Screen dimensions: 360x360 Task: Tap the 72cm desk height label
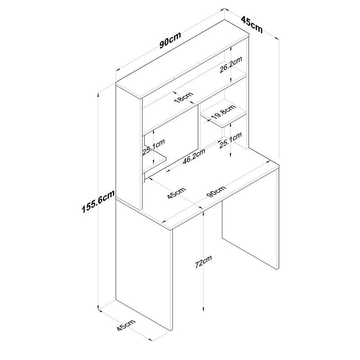coord(203,261)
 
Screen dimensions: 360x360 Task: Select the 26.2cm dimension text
coord(231,64)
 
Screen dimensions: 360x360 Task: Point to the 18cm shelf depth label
coord(184,97)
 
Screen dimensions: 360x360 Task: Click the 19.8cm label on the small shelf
coord(223,112)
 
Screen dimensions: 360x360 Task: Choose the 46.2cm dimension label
coord(194,156)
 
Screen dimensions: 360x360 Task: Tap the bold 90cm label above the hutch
coord(171,40)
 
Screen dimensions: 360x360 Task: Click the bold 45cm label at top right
coord(252,25)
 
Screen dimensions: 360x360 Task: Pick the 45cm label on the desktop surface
coord(176,193)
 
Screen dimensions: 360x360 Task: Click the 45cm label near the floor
coord(126,325)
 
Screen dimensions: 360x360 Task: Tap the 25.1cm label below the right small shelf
coord(230,140)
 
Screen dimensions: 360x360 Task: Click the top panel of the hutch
coord(183,59)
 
